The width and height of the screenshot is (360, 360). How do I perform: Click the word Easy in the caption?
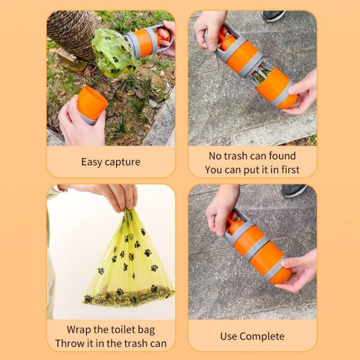click(92, 162)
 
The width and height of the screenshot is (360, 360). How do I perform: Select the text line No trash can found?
click(252, 156)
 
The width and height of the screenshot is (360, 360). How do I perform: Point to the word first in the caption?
click(288, 169)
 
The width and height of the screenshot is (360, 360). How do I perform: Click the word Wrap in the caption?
click(79, 329)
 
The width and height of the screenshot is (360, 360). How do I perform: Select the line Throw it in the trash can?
click(111, 343)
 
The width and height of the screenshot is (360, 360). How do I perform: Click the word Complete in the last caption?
click(263, 336)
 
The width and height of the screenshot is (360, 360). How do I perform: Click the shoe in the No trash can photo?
click(274, 16)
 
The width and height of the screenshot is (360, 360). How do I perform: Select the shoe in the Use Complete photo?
click(293, 190)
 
